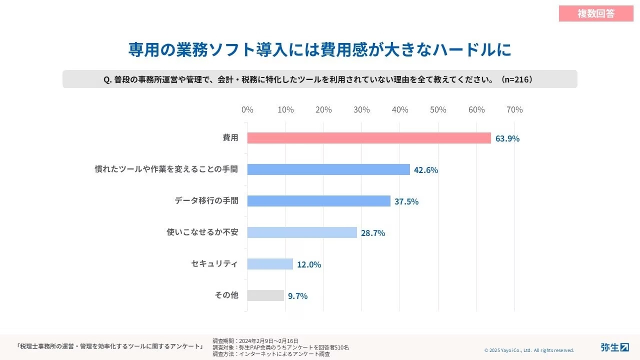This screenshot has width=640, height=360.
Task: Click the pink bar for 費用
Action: tap(369, 138)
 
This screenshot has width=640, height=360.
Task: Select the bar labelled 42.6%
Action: tap(328, 169)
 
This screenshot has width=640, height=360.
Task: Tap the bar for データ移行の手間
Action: tap(318, 201)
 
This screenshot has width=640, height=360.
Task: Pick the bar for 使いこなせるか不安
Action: tap(302, 232)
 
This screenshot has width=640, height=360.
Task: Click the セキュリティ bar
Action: tap(270, 264)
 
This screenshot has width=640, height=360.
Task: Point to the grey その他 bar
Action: tap(265, 295)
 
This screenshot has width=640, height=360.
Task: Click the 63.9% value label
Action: tap(507, 138)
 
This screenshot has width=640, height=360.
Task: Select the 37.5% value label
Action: tap(406, 201)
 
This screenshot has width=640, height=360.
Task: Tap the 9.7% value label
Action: tap(297, 296)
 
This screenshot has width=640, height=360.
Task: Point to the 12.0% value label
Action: tap(309, 264)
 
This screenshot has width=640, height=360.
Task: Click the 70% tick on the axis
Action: tap(514, 109)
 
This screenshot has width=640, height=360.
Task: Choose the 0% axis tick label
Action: tap(247, 109)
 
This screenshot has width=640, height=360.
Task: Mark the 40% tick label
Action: tap(400, 109)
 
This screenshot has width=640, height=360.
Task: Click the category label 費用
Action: tap(230, 137)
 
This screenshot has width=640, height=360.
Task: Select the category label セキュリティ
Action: tap(214, 263)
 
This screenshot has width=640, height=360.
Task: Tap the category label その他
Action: tap(226, 295)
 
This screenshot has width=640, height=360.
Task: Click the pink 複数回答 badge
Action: tap(596, 13)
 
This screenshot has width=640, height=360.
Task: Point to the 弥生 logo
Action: tap(614, 347)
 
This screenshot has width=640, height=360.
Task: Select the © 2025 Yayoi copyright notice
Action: tap(529, 350)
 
